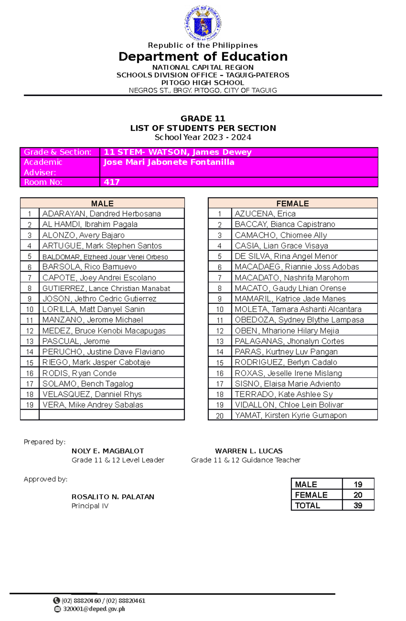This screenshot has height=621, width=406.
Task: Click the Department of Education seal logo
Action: point(203,23)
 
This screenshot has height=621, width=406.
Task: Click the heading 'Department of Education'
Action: point(203,57)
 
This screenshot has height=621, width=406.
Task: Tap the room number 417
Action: point(112,182)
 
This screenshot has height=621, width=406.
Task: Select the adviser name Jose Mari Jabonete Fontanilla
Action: point(168,162)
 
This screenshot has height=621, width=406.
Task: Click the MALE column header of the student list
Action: point(102,203)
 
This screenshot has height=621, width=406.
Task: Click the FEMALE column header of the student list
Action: point(292,203)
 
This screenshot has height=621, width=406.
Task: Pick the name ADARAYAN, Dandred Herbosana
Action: point(101,214)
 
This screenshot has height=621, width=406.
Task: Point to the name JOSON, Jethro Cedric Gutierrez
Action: point(99,298)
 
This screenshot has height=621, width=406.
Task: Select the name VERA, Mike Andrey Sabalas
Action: point(93,405)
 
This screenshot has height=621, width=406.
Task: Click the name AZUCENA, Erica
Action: point(265,214)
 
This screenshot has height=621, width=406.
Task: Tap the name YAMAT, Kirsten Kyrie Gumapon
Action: point(291,415)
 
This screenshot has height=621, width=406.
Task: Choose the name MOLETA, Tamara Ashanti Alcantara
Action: point(298,309)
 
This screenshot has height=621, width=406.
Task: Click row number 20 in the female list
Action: point(220,416)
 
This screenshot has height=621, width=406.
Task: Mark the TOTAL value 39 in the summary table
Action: point(358,505)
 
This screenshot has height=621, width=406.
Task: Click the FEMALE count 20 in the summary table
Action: point(358,495)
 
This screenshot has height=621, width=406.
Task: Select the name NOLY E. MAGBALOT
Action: point(108,451)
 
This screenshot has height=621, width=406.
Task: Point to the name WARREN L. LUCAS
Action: point(249,451)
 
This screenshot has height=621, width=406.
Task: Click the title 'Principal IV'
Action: point(90,506)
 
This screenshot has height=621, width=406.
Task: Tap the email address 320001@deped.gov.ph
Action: point(94,609)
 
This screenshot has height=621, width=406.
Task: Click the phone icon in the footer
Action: point(57,600)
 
